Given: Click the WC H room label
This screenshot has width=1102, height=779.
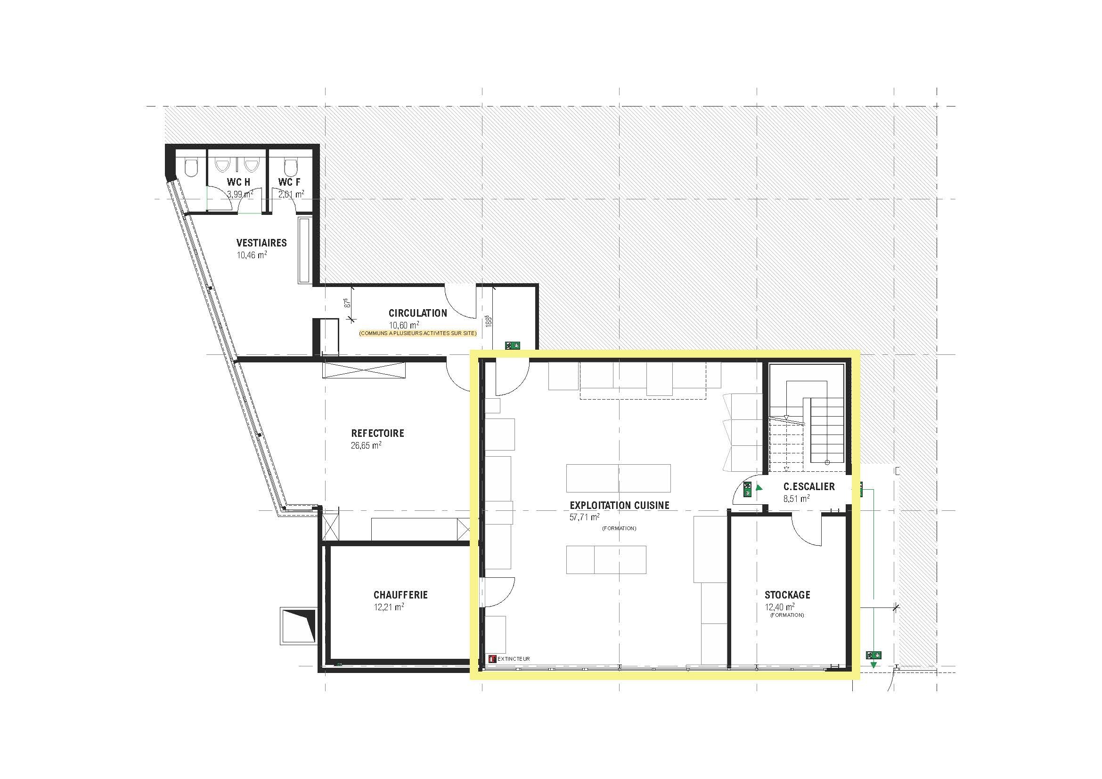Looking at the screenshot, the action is pyautogui.click(x=238, y=182).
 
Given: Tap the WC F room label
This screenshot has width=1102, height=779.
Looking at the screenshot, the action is pyautogui.click(x=289, y=182).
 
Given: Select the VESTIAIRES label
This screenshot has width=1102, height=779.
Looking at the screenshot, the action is pyautogui.click(x=261, y=243).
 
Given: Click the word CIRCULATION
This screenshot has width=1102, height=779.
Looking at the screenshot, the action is pyautogui.click(x=417, y=313).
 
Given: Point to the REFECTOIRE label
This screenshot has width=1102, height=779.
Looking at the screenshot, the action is pyautogui.click(x=378, y=434).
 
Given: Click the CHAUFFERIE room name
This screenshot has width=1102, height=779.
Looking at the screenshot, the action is pyautogui.click(x=401, y=595).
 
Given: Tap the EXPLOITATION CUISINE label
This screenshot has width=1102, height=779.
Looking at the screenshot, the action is pyautogui.click(x=620, y=505).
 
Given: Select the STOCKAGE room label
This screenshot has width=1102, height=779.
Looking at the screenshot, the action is pyautogui.click(x=788, y=595).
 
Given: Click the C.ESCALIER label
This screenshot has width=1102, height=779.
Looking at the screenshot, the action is pyautogui.click(x=809, y=486).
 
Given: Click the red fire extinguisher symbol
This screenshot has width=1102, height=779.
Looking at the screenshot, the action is pyautogui.click(x=492, y=659).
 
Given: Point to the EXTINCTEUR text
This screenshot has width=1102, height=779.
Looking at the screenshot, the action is pyautogui.click(x=514, y=659).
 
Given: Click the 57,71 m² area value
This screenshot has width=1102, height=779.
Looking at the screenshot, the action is pyautogui.click(x=585, y=517).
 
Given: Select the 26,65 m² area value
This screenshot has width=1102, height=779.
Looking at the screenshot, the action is pyautogui.click(x=366, y=445).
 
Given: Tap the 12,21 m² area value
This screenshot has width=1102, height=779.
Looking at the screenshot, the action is pyautogui.click(x=389, y=607).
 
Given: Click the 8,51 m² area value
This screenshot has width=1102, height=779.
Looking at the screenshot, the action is pyautogui.click(x=797, y=499).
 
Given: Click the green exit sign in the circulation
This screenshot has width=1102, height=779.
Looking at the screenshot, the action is pyautogui.click(x=512, y=344).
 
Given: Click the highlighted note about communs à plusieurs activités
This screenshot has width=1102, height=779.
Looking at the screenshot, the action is pyautogui.click(x=417, y=333).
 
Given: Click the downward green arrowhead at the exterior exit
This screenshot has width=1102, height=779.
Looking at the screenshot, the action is pyautogui.click(x=873, y=665).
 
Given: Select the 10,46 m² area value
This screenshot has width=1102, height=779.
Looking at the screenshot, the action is pyautogui.click(x=252, y=255).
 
